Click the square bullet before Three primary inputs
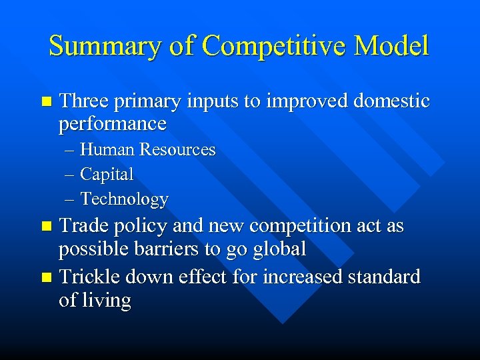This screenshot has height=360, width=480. click(45, 102)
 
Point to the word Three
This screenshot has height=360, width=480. click(87, 101)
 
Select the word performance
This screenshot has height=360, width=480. click(113, 125)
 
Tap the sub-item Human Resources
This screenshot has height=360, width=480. click(148, 150)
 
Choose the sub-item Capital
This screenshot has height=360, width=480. click(107, 175)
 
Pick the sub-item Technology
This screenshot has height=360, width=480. click(124, 199)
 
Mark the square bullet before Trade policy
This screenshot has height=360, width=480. click(45, 227)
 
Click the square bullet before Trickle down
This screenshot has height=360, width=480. click(45, 277)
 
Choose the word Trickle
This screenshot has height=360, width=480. click(90, 276)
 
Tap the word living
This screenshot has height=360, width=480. click(107, 301)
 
